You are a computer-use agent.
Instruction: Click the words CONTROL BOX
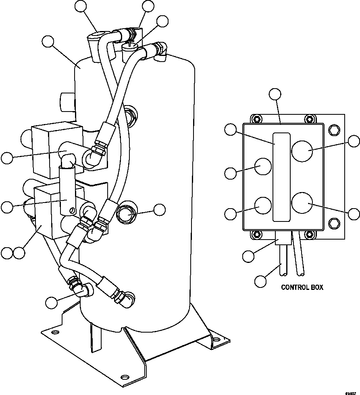click(302, 287)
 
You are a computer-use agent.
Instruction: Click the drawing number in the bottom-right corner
click(352, 391)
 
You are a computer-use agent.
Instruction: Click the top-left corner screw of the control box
click(255, 119)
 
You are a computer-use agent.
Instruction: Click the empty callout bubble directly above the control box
click(275, 94)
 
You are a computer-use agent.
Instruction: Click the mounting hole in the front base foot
click(125, 377)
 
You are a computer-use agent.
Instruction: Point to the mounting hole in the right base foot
click(217, 340)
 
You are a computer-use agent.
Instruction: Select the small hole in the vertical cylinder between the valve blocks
click(72, 210)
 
